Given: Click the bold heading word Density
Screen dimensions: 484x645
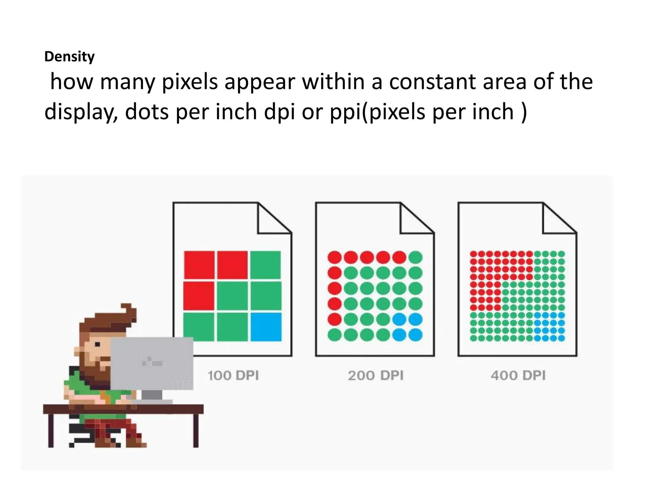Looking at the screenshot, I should [69, 57].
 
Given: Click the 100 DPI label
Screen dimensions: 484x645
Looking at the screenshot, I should [233, 376].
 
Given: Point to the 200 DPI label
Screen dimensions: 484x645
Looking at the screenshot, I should [375, 376].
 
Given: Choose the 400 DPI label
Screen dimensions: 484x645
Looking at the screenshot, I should [518, 376].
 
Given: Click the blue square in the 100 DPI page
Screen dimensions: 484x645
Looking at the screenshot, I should [266, 327].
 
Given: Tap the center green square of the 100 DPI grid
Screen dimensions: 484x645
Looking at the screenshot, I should [232, 296].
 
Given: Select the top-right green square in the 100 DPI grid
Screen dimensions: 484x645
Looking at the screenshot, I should [265, 265].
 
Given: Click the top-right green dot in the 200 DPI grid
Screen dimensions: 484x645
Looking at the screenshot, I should [415, 257].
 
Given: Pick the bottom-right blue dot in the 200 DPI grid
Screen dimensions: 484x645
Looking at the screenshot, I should [415, 335].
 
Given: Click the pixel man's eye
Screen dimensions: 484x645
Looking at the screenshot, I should [97, 344].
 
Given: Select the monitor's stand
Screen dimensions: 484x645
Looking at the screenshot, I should [152, 395].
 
